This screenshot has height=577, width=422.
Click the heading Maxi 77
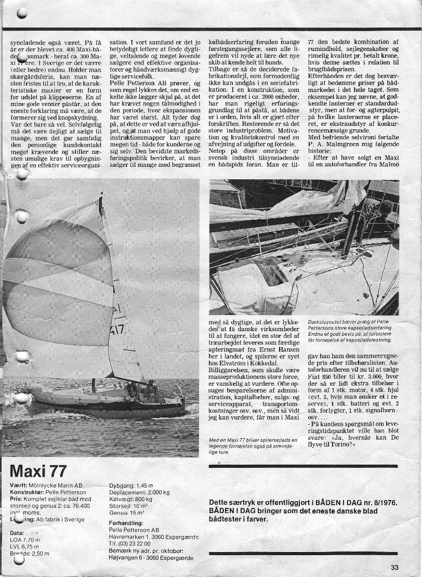click(x=38, y=471)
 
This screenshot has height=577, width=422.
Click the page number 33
click(x=394, y=567)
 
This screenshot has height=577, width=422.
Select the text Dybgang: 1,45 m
click(x=131, y=485)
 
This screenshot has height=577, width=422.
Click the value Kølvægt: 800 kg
click(x=131, y=499)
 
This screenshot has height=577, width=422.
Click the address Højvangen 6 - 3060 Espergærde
click(x=151, y=557)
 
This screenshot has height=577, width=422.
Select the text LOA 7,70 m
click(x=25, y=540)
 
